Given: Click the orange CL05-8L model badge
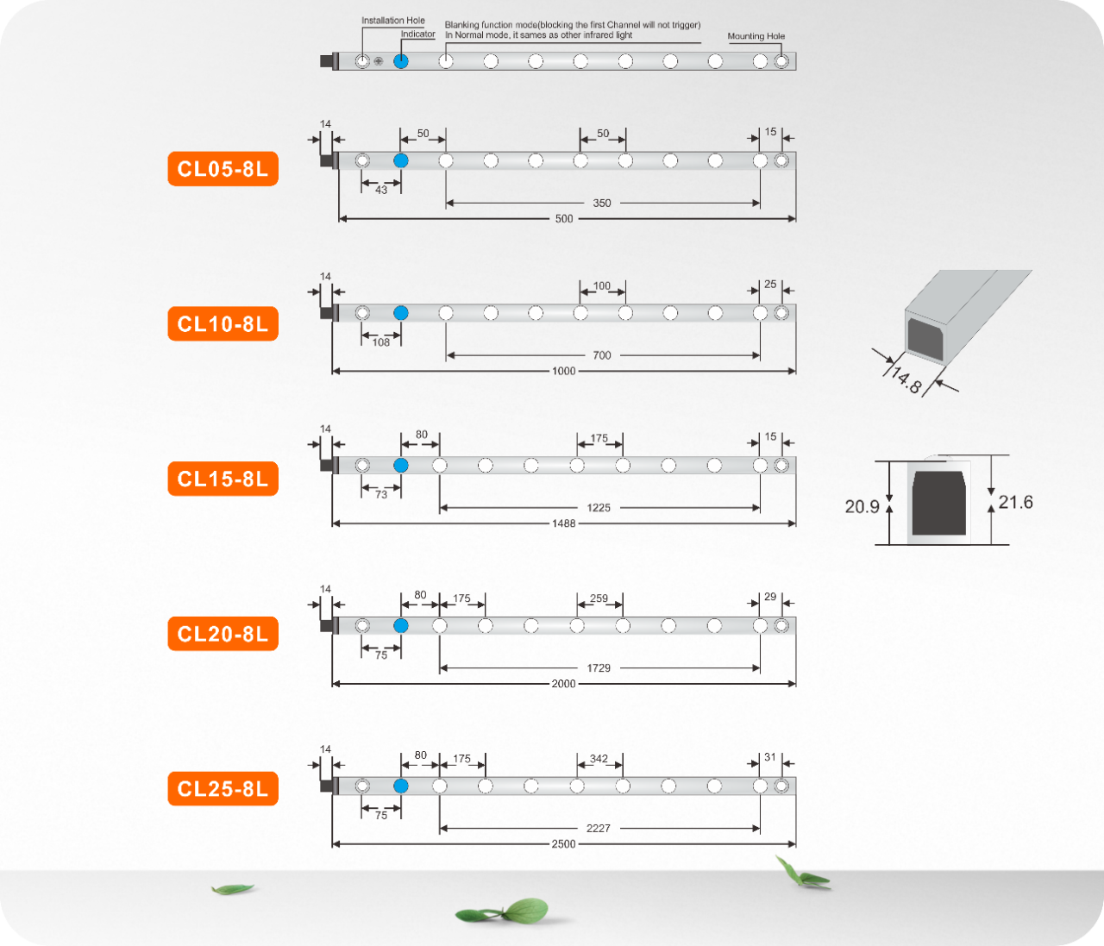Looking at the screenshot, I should point(223,169).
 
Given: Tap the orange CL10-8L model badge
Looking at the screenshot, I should point(223,324).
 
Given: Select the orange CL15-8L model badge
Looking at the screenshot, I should point(223,479).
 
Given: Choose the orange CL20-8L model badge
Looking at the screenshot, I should point(223,634).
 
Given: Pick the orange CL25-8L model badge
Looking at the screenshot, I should point(223,788).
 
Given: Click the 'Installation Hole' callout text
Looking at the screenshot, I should point(392,21).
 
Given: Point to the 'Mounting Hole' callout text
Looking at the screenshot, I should point(756,36).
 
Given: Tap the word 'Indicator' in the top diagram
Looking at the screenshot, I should point(417,34).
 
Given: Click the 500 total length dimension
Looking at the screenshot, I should point(564,219).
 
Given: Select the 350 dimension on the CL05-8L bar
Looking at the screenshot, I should point(602,204).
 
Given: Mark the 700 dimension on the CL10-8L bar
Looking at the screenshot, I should point(602,355).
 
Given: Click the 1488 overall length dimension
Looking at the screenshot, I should point(563,523).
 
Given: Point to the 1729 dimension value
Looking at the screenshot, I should point(599,668).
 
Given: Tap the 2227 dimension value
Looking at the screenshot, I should point(599,829).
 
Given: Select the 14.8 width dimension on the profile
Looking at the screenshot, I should point(906,379).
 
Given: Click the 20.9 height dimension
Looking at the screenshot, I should point(862,507).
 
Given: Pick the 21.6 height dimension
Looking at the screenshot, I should point(1015,502).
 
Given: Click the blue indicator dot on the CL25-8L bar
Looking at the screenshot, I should point(400,786).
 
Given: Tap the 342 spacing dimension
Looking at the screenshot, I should point(599,759).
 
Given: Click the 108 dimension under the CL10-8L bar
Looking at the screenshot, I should point(381,342).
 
